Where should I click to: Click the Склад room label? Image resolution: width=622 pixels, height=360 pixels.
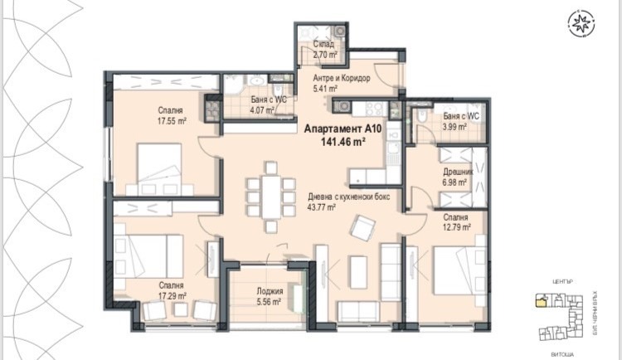324,44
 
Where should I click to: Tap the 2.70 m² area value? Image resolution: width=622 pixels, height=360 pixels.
324,55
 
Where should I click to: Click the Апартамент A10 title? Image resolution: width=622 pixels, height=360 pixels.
342,129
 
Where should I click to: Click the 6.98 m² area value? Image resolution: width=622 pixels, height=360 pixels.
456,182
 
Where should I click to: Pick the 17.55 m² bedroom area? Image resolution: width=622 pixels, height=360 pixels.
172,120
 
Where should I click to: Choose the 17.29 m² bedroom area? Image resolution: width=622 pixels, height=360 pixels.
172,294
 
